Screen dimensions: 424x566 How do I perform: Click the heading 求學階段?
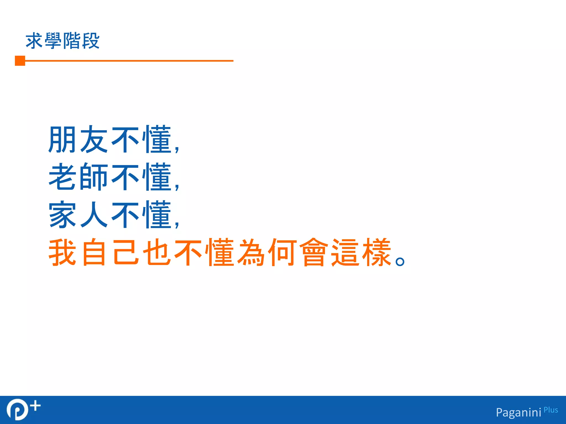[62, 41]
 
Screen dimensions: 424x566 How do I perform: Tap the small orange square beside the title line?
[20, 61]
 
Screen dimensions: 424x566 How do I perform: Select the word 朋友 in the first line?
[78, 139]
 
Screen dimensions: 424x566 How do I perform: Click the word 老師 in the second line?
[78, 177]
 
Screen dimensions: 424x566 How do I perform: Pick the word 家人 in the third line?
[78, 215]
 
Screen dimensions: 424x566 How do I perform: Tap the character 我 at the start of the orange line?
[62, 252]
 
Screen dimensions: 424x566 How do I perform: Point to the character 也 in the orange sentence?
[156, 252]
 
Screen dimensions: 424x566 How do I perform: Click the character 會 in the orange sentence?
[314, 252]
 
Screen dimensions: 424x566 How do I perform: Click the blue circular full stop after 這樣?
[400, 261]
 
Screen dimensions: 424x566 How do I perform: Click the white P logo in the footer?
[17, 409]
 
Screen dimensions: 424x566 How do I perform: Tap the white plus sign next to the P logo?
[36, 406]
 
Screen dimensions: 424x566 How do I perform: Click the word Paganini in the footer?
[518, 412]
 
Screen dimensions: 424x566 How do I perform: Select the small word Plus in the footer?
[551, 410]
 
